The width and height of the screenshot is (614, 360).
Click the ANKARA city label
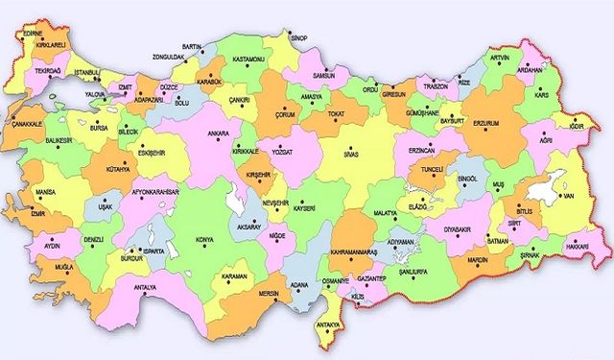(x=219, y=132)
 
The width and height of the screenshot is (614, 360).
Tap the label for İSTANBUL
(x=86, y=72)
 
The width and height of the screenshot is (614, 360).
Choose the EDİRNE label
(x=32, y=33)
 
